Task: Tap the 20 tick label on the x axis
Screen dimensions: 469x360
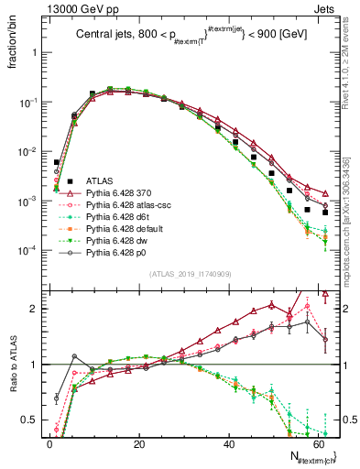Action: tap(138, 443)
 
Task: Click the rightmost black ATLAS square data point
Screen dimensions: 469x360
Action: tap(325, 213)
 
